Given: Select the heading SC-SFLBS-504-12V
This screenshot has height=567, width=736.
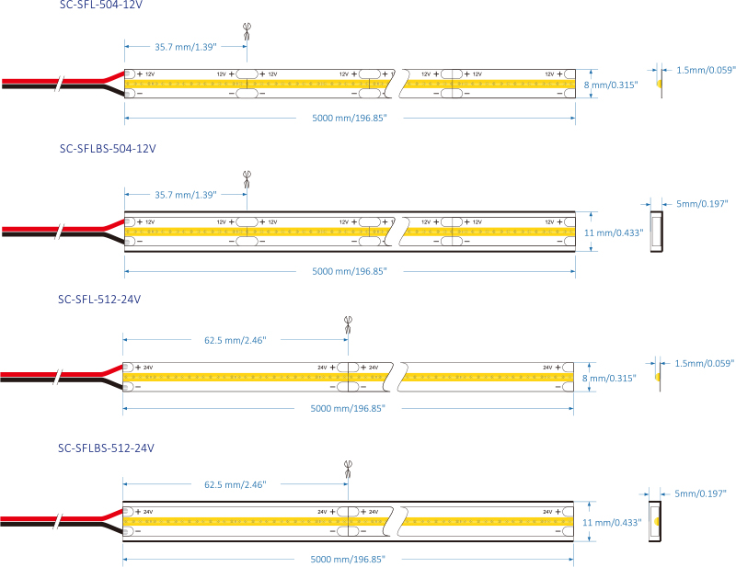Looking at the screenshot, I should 108,148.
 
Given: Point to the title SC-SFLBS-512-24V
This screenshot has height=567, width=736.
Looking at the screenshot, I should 106,448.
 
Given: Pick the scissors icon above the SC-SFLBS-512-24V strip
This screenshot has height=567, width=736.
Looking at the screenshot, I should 348,469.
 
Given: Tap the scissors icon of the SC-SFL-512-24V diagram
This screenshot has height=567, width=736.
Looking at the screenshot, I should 348,323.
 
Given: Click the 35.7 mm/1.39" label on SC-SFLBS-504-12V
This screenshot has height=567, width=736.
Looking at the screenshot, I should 185,195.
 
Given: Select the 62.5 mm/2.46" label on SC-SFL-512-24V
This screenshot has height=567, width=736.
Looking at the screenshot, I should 235,340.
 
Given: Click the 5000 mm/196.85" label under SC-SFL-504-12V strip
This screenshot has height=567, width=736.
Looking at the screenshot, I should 349,119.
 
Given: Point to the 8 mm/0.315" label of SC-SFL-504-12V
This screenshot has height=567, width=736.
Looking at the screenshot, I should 609,85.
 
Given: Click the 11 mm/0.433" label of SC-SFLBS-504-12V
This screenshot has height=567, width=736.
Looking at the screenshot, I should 614,232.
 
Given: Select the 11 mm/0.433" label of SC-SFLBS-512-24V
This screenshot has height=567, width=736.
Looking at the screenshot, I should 614,522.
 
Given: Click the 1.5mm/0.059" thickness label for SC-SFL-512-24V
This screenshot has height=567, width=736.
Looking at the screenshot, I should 706,364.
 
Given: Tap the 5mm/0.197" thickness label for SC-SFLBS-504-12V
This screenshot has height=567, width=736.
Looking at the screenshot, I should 702,203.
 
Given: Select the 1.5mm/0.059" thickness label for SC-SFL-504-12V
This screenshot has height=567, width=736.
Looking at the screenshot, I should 706,70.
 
